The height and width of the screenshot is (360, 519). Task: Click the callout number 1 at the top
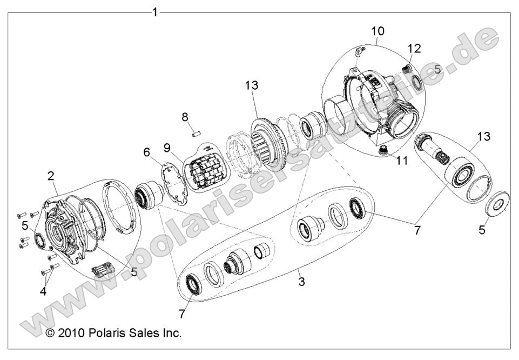click(156, 12)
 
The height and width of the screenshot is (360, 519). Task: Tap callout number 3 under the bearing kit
click(302, 281)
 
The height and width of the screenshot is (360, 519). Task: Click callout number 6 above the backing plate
click(146, 153)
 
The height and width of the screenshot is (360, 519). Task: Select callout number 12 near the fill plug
click(414, 49)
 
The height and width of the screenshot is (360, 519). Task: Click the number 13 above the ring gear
click(251, 85)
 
